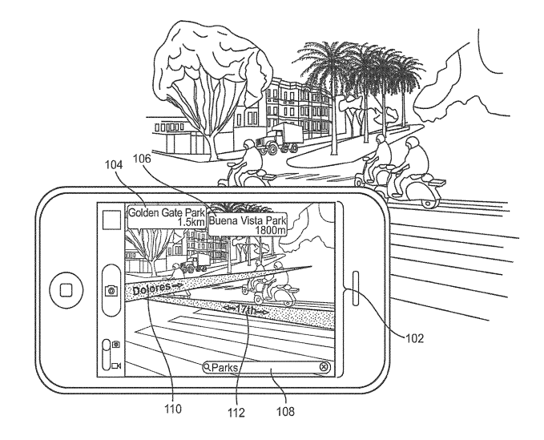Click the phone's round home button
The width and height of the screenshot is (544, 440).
66,290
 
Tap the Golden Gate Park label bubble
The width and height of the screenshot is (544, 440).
167,217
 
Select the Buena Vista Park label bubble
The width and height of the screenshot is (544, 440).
248,224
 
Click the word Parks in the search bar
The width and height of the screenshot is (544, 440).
224,367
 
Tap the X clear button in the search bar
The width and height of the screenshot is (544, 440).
324,367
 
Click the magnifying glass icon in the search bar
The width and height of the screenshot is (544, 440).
207,367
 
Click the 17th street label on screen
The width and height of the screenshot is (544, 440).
246,309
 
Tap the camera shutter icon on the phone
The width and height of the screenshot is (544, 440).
111,290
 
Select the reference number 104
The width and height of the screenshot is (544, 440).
114,165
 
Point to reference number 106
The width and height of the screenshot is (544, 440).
143,159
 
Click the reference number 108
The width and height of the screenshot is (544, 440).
285,411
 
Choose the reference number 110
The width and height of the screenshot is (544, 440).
172,409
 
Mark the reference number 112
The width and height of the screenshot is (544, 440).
236,412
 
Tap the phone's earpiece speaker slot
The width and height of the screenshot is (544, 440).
356,289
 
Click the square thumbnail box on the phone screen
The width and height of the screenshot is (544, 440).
111,220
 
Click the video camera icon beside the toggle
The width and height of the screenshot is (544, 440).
116,365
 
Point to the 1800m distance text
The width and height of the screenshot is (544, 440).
271,230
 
